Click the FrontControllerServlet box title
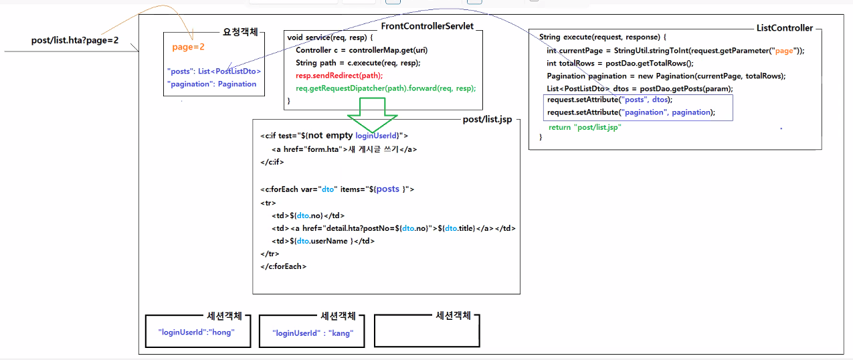click(427, 26)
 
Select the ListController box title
click(784, 28)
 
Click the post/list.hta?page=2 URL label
click(75, 40)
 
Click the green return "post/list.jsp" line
click(585, 127)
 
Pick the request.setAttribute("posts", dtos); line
click(609, 100)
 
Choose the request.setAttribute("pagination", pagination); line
click(631, 112)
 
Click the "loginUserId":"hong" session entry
click(197, 332)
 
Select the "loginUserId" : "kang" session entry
click(312, 333)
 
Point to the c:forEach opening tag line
click(337, 189)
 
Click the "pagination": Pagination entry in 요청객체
click(211, 84)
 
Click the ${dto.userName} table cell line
click(323, 241)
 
